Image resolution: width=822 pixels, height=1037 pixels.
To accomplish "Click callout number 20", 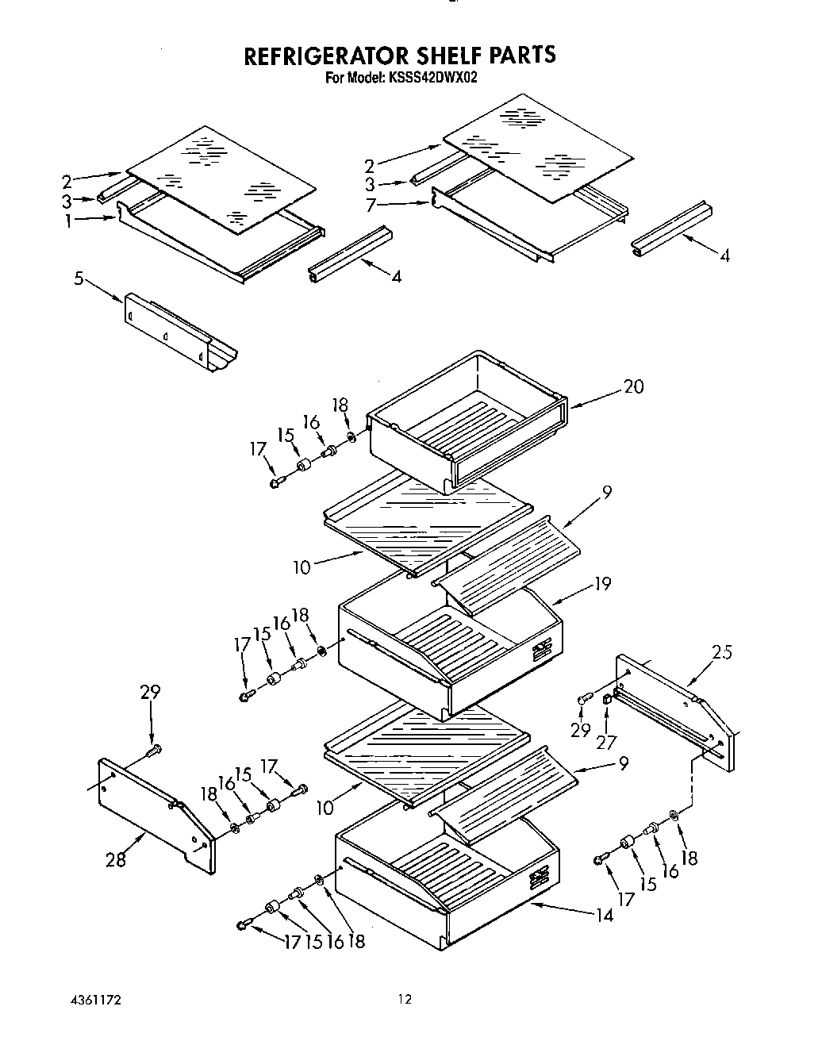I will [633, 386].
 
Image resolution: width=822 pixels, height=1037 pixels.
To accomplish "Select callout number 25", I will [721, 652].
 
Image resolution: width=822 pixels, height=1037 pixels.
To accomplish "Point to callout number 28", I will [116, 858].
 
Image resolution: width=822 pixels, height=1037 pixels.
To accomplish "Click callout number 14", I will [603, 915].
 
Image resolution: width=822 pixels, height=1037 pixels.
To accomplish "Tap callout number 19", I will [602, 584].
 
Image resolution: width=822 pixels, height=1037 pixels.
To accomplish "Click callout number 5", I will [79, 279].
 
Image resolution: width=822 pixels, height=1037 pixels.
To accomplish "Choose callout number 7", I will [370, 205].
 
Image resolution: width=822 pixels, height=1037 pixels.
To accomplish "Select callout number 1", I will [69, 222].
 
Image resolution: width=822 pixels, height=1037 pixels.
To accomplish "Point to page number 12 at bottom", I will [405, 999].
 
